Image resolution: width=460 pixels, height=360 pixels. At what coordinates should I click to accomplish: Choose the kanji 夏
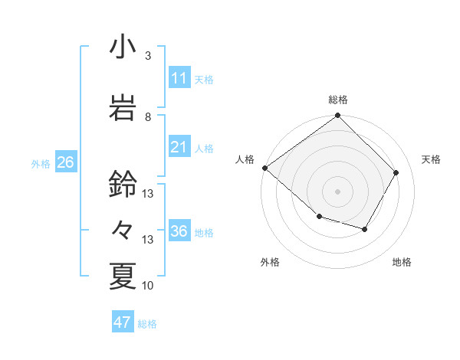coord(123,276)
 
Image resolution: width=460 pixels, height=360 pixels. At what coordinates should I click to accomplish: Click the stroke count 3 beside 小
coord(148,56)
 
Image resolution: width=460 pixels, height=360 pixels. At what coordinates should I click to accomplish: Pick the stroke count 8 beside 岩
coord(148,116)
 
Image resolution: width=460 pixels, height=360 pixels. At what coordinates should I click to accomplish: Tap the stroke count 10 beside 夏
coord(148,286)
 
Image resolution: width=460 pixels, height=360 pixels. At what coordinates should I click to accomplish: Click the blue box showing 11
coord(179,78)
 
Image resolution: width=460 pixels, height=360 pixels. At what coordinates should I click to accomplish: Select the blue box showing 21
coord(179,147)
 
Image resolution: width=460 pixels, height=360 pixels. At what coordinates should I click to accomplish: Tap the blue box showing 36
coord(179,231)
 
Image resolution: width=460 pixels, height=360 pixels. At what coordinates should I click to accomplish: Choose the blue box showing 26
coord(65,162)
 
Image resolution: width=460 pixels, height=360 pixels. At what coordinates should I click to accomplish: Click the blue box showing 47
coord(123,322)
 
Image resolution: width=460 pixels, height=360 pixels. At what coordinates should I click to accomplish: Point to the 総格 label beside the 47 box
coord(147,324)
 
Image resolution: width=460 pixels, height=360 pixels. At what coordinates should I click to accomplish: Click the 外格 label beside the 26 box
coord(41,164)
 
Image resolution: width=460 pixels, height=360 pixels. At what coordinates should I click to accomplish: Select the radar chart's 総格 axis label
coord(337,100)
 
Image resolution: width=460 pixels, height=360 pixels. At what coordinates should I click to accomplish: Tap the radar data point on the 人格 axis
coord(264,168)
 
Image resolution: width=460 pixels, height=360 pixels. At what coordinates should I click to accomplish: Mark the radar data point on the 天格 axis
coord(396,172)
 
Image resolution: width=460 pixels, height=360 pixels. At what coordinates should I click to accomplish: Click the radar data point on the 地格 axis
coord(365,229)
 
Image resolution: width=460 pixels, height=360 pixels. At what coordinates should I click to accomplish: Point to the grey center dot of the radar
coord(337,191)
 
